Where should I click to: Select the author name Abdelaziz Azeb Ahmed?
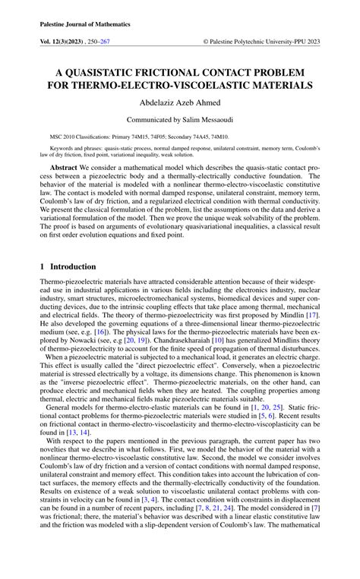pos(179,104)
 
